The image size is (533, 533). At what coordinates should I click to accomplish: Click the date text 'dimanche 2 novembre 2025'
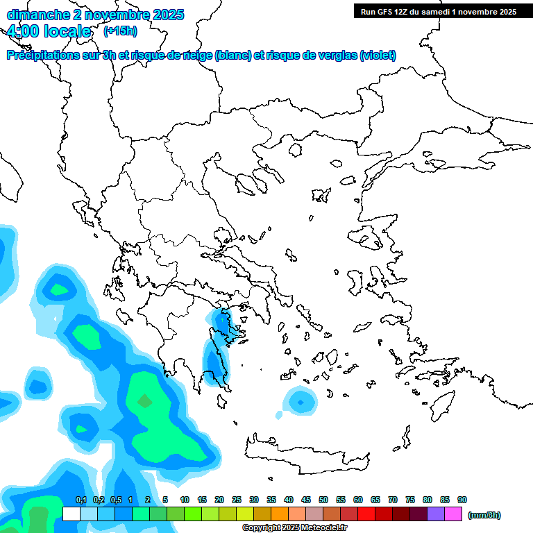click(95, 14)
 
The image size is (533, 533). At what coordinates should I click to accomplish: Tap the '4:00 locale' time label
click(49, 31)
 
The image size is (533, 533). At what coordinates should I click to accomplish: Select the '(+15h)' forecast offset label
click(120, 31)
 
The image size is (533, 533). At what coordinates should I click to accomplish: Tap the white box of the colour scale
click(71, 514)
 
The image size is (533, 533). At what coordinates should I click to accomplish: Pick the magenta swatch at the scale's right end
click(453, 514)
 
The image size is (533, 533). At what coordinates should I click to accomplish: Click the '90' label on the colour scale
click(462, 500)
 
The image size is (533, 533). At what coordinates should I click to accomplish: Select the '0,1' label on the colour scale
click(81, 500)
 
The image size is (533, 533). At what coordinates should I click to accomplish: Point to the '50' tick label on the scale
click(323, 500)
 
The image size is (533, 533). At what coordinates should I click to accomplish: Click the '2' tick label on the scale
click(148, 500)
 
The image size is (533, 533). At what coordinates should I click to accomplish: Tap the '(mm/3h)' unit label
click(484, 515)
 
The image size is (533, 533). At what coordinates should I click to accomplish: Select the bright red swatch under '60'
click(366, 514)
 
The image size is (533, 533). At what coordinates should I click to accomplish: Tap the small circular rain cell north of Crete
click(300, 401)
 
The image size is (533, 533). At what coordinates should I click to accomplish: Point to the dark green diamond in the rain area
click(144, 401)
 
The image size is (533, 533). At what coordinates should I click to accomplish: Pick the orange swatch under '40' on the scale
click(280, 514)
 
